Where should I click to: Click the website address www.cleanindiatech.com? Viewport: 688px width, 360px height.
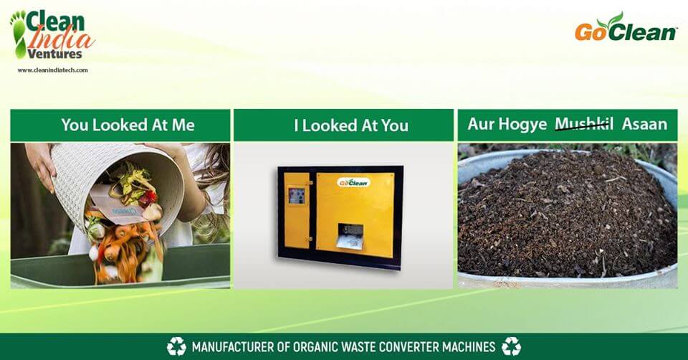(x=52, y=70)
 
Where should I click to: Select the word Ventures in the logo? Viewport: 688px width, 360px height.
(x=55, y=54)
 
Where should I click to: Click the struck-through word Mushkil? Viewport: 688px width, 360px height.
(x=584, y=124)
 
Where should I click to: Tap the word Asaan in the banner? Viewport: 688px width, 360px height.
(x=644, y=124)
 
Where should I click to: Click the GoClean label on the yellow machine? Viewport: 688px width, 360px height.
(x=353, y=182)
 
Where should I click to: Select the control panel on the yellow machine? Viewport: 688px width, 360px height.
(x=297, y=196)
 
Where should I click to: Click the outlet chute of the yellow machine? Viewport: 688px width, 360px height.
(x=350, y=237)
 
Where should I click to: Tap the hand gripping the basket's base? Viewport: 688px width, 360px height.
(x=40, y=166)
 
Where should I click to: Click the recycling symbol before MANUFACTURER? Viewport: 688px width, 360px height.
(x=176, y=346)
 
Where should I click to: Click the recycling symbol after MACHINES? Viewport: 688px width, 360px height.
(x=511, y=346)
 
